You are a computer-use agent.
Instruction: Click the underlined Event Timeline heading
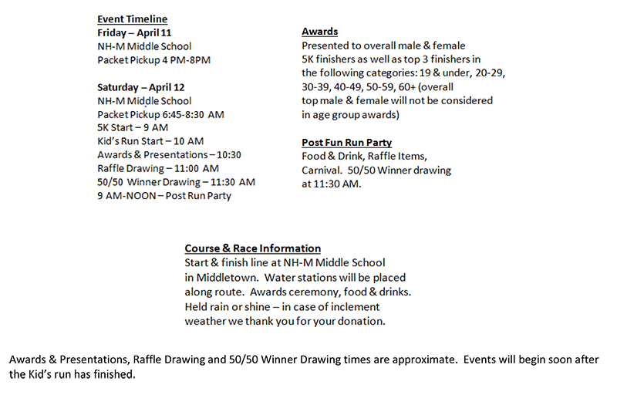(x=132, y=19)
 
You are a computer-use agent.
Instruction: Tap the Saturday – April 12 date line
(x=141, y=87)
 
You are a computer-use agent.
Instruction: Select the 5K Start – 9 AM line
(x=133, y=128)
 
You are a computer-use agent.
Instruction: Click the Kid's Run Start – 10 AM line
(x=150, y=141)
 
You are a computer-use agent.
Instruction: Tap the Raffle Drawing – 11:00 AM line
(x=158, y=168)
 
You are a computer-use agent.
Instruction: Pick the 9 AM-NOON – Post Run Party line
(x=164, y=195)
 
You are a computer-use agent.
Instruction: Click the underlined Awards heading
(x=319, y=32)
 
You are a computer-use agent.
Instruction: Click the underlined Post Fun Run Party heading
(x=346, y=142)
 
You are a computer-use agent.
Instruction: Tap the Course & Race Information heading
(x=252, y=248)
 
